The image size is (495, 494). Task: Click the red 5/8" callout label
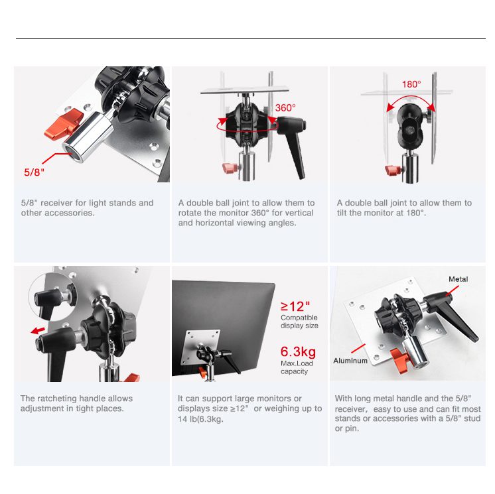[x=34, y=172]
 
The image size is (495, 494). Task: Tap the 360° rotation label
[x=285, y=108]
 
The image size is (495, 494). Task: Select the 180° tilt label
[x=411, y=84]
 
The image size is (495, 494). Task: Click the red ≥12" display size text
[x=295, y=306]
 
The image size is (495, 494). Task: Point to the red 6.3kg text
[x=298, y=351]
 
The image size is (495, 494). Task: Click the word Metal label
[x=459, y=279]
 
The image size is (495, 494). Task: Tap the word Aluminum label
[x=350, y=361]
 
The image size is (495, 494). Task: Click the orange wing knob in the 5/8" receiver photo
[x=64, y=125]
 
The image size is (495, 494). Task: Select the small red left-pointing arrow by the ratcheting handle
[x=38, y=331]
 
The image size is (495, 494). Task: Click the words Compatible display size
[x=299, y=322]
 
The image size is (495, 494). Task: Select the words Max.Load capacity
[x=297, y=367]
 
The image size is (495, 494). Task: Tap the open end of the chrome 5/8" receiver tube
[x=72, y=152]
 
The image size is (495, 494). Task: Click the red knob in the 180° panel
[x=393, y=170]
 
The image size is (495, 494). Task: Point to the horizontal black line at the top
[x=251, y=39]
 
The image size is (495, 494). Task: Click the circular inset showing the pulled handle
[x=53, y=298]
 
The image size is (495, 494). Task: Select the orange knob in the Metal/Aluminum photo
[x=400, y=360]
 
